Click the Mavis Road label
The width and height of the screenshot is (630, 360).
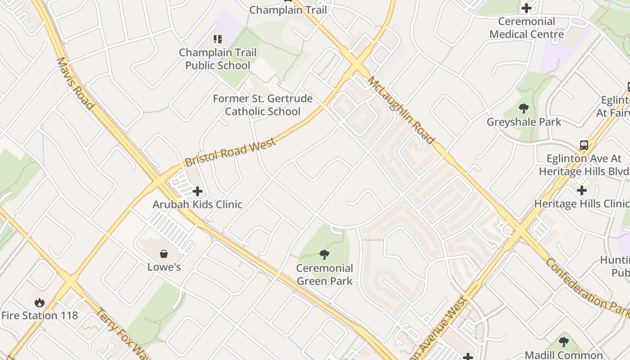click(x=75, y=83)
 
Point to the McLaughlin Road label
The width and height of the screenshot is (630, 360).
click(x=401, y=110)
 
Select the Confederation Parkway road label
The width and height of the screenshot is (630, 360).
click(x=587, y=288)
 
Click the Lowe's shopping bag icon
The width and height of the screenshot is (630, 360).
click(x=164, y=254)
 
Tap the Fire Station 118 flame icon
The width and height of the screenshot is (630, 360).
click(x=40, y=302)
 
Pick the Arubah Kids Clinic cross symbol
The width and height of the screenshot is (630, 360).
click(x=197, y=192)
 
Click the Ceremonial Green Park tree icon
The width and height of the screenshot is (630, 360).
click(x=324, y=255)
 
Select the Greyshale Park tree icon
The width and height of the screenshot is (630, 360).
click(x=523, y=108)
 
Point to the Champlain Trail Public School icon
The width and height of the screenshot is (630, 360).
click(x=218, y=39)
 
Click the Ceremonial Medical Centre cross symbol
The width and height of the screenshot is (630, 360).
click(x=526, y=8)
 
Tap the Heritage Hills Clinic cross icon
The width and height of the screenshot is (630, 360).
click(x=581, y=190)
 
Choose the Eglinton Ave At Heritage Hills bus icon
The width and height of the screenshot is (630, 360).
click(x=584, y=145)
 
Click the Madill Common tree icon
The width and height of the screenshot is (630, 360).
click(x=563, y=342)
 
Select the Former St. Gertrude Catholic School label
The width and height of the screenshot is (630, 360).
click(x=262, y=105)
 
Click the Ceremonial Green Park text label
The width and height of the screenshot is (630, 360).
click(x=324, y=274)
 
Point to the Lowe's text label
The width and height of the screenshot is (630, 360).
click(x=164, y=267)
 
